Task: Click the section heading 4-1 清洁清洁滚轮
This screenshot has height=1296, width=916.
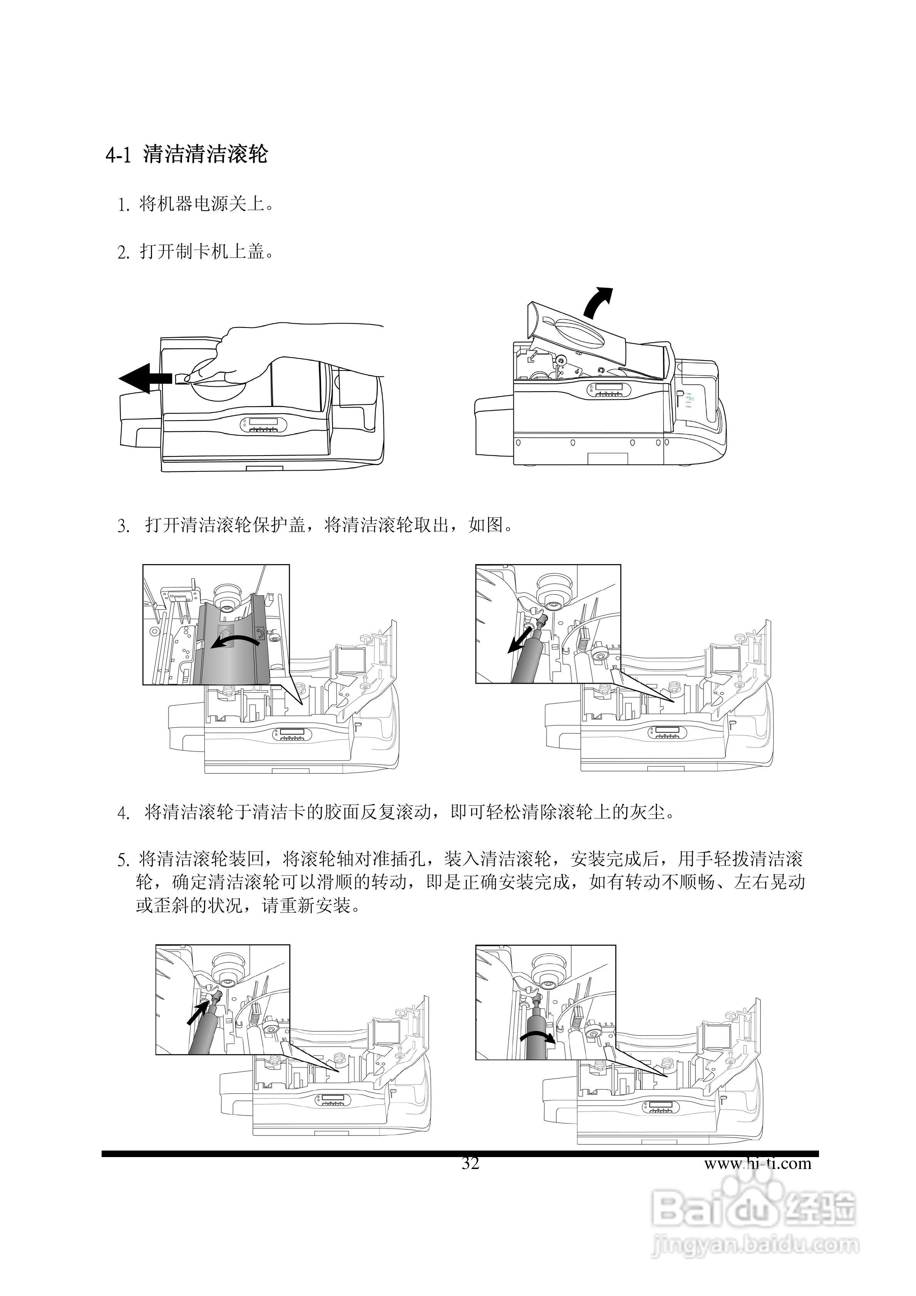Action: pos(186,154)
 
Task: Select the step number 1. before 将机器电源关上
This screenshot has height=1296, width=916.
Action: pos(124,205)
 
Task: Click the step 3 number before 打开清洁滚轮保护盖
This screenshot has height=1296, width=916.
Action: pos(123,527)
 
